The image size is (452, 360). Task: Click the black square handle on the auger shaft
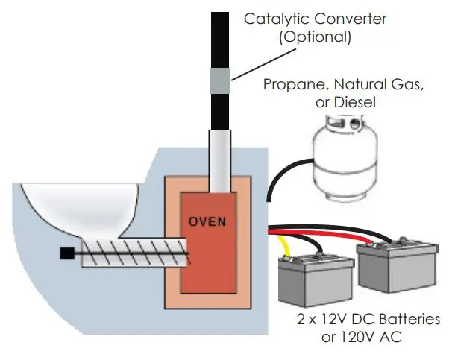coord(66,254)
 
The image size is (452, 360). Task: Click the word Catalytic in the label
coord(275,17)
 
